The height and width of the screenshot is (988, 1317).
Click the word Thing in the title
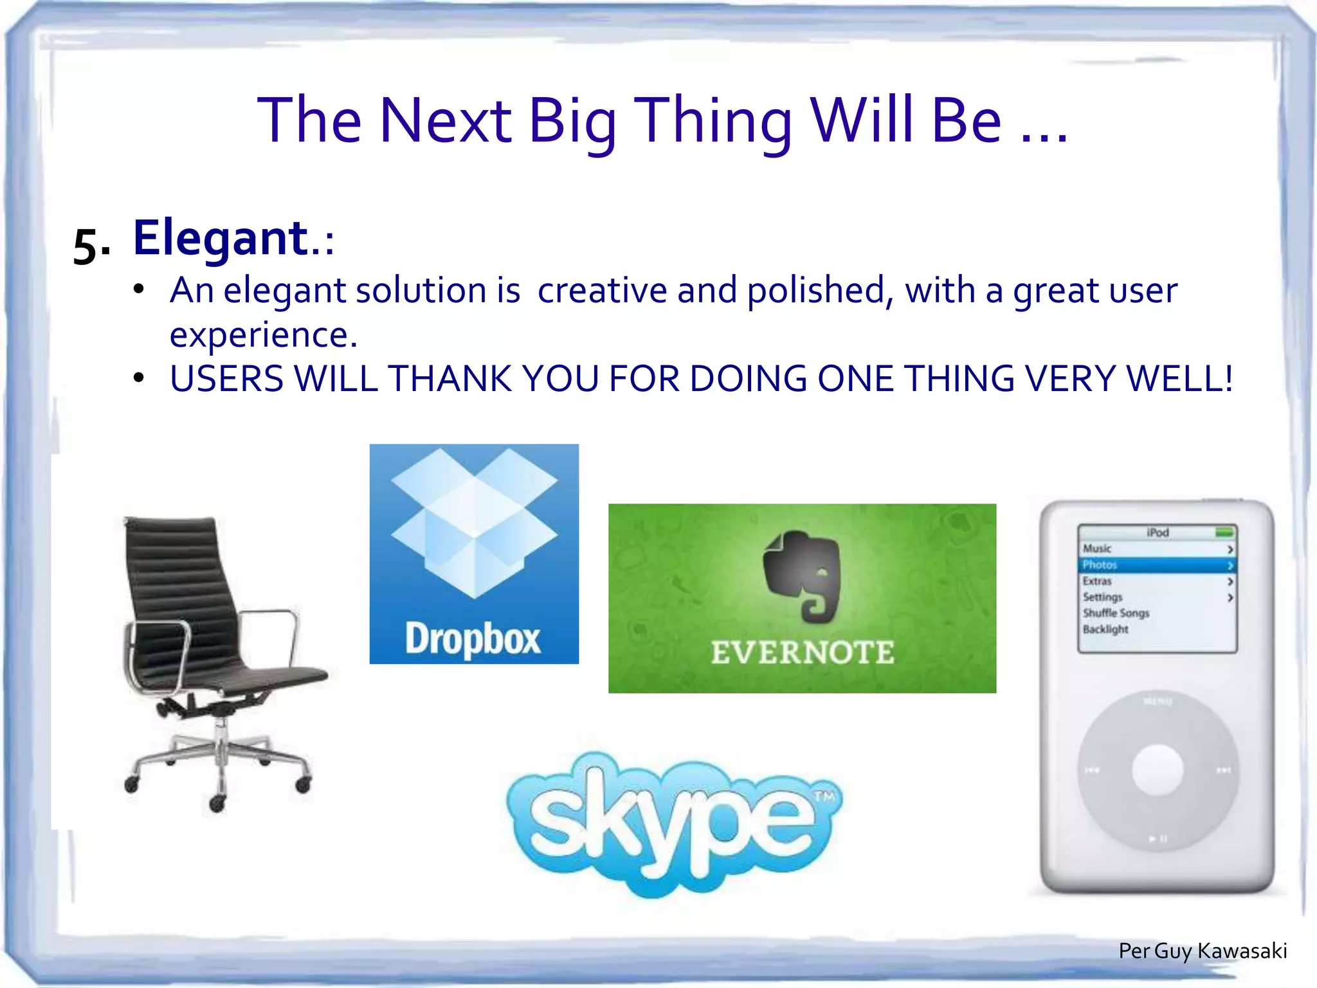[713, 120]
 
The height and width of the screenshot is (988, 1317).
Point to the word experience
[262, 334]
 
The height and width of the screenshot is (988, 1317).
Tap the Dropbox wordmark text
[473, 639]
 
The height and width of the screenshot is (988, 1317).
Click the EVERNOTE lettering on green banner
[802, 653]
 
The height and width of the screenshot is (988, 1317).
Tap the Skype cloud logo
[672, 823]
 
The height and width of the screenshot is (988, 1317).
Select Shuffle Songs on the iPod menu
[1116, 613]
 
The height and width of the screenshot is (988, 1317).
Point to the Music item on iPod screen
[1097, 549]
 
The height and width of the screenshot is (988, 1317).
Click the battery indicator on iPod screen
[1224, 532]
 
